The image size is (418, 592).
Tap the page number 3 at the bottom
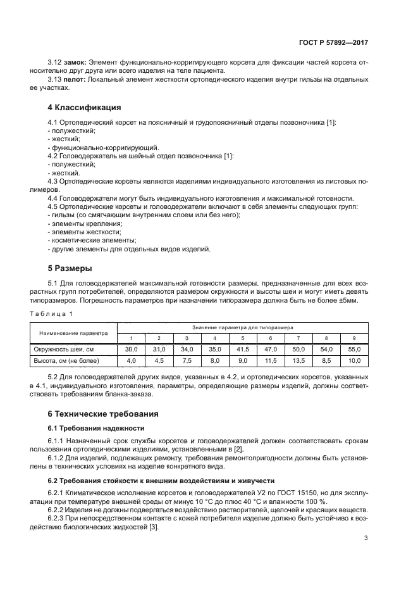click(366, 538)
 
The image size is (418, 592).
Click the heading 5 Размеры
click(70, 267)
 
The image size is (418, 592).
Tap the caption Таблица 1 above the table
click(53, 313)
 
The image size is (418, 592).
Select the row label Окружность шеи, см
click(63, 349)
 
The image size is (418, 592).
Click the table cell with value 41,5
click(242, 349)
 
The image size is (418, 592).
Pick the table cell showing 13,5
click(298, 361)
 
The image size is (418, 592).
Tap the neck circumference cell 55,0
click(354, 349)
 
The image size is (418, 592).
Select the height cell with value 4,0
click(131, 361)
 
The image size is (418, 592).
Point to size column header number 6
click(270, 338)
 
